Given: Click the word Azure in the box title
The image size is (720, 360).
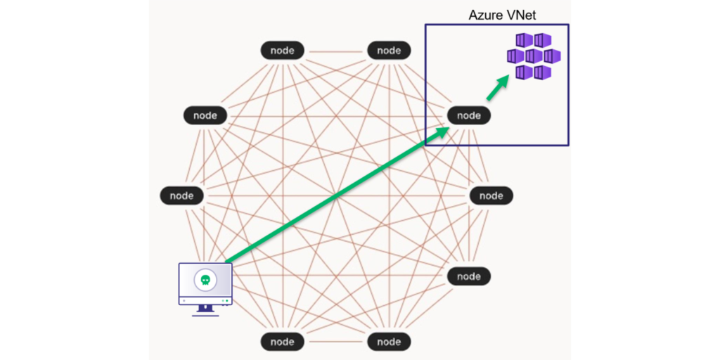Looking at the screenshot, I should pyautogui.click(x=484, y=15).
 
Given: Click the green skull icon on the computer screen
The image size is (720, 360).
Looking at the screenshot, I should pyautogui.click(x=205, y=280).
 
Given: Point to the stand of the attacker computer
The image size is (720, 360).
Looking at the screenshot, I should pyautogui.click(x=205, y=309).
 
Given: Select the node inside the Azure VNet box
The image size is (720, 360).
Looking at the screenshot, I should pyautogui.click(x=469, y=115).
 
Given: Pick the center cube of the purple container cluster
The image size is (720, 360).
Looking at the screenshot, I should pyautogui.click(x=534, y=56).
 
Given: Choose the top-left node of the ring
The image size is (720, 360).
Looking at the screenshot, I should pyautogui.click(x=283, y=51).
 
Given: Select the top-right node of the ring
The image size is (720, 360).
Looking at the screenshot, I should pyautogui.click(x=389, y=51).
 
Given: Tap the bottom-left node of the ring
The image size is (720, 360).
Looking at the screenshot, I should pyautogui.click(x=283, y=342).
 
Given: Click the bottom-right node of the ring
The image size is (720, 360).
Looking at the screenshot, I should pyautogui.click(x=389, y=342).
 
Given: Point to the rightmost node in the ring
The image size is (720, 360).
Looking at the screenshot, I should pyautogui.click(x=491, y=195).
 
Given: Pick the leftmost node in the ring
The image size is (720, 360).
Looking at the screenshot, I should pyautogui.click(x=181, y=195).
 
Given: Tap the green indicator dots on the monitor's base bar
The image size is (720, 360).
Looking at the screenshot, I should pyautogui.click(x=225, y=300).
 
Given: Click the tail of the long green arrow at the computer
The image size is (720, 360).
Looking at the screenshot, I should pyautogui.click(x=229, y=262).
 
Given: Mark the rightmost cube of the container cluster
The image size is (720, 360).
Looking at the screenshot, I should pyautogui.click(x=552, y=56).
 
